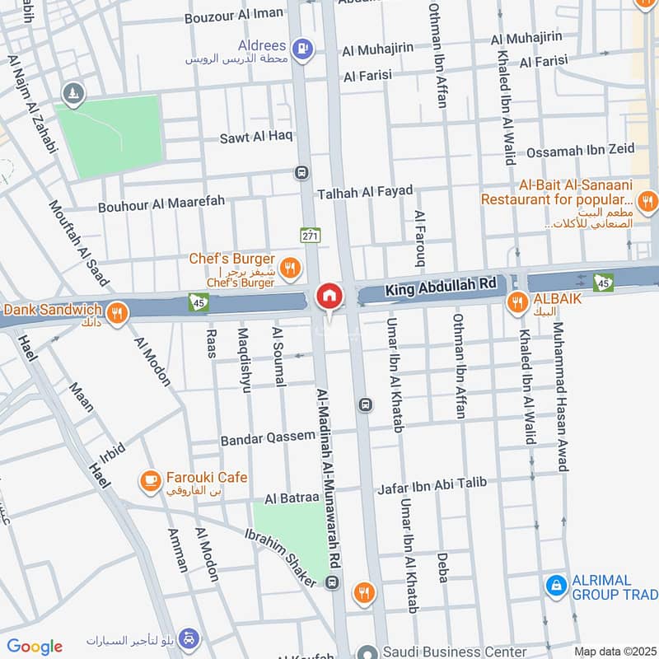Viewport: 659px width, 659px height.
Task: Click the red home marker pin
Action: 329,297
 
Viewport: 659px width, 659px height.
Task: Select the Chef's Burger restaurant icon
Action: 289,266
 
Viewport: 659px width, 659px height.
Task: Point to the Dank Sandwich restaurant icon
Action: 117,312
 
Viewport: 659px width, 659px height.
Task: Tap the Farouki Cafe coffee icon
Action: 150,479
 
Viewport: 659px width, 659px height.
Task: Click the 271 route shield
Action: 309,235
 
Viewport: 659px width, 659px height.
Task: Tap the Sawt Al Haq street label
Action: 256,136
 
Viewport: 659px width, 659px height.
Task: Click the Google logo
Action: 35,647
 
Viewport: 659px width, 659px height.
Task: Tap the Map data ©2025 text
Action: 615,651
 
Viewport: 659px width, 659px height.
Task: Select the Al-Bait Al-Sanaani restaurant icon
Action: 647,200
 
